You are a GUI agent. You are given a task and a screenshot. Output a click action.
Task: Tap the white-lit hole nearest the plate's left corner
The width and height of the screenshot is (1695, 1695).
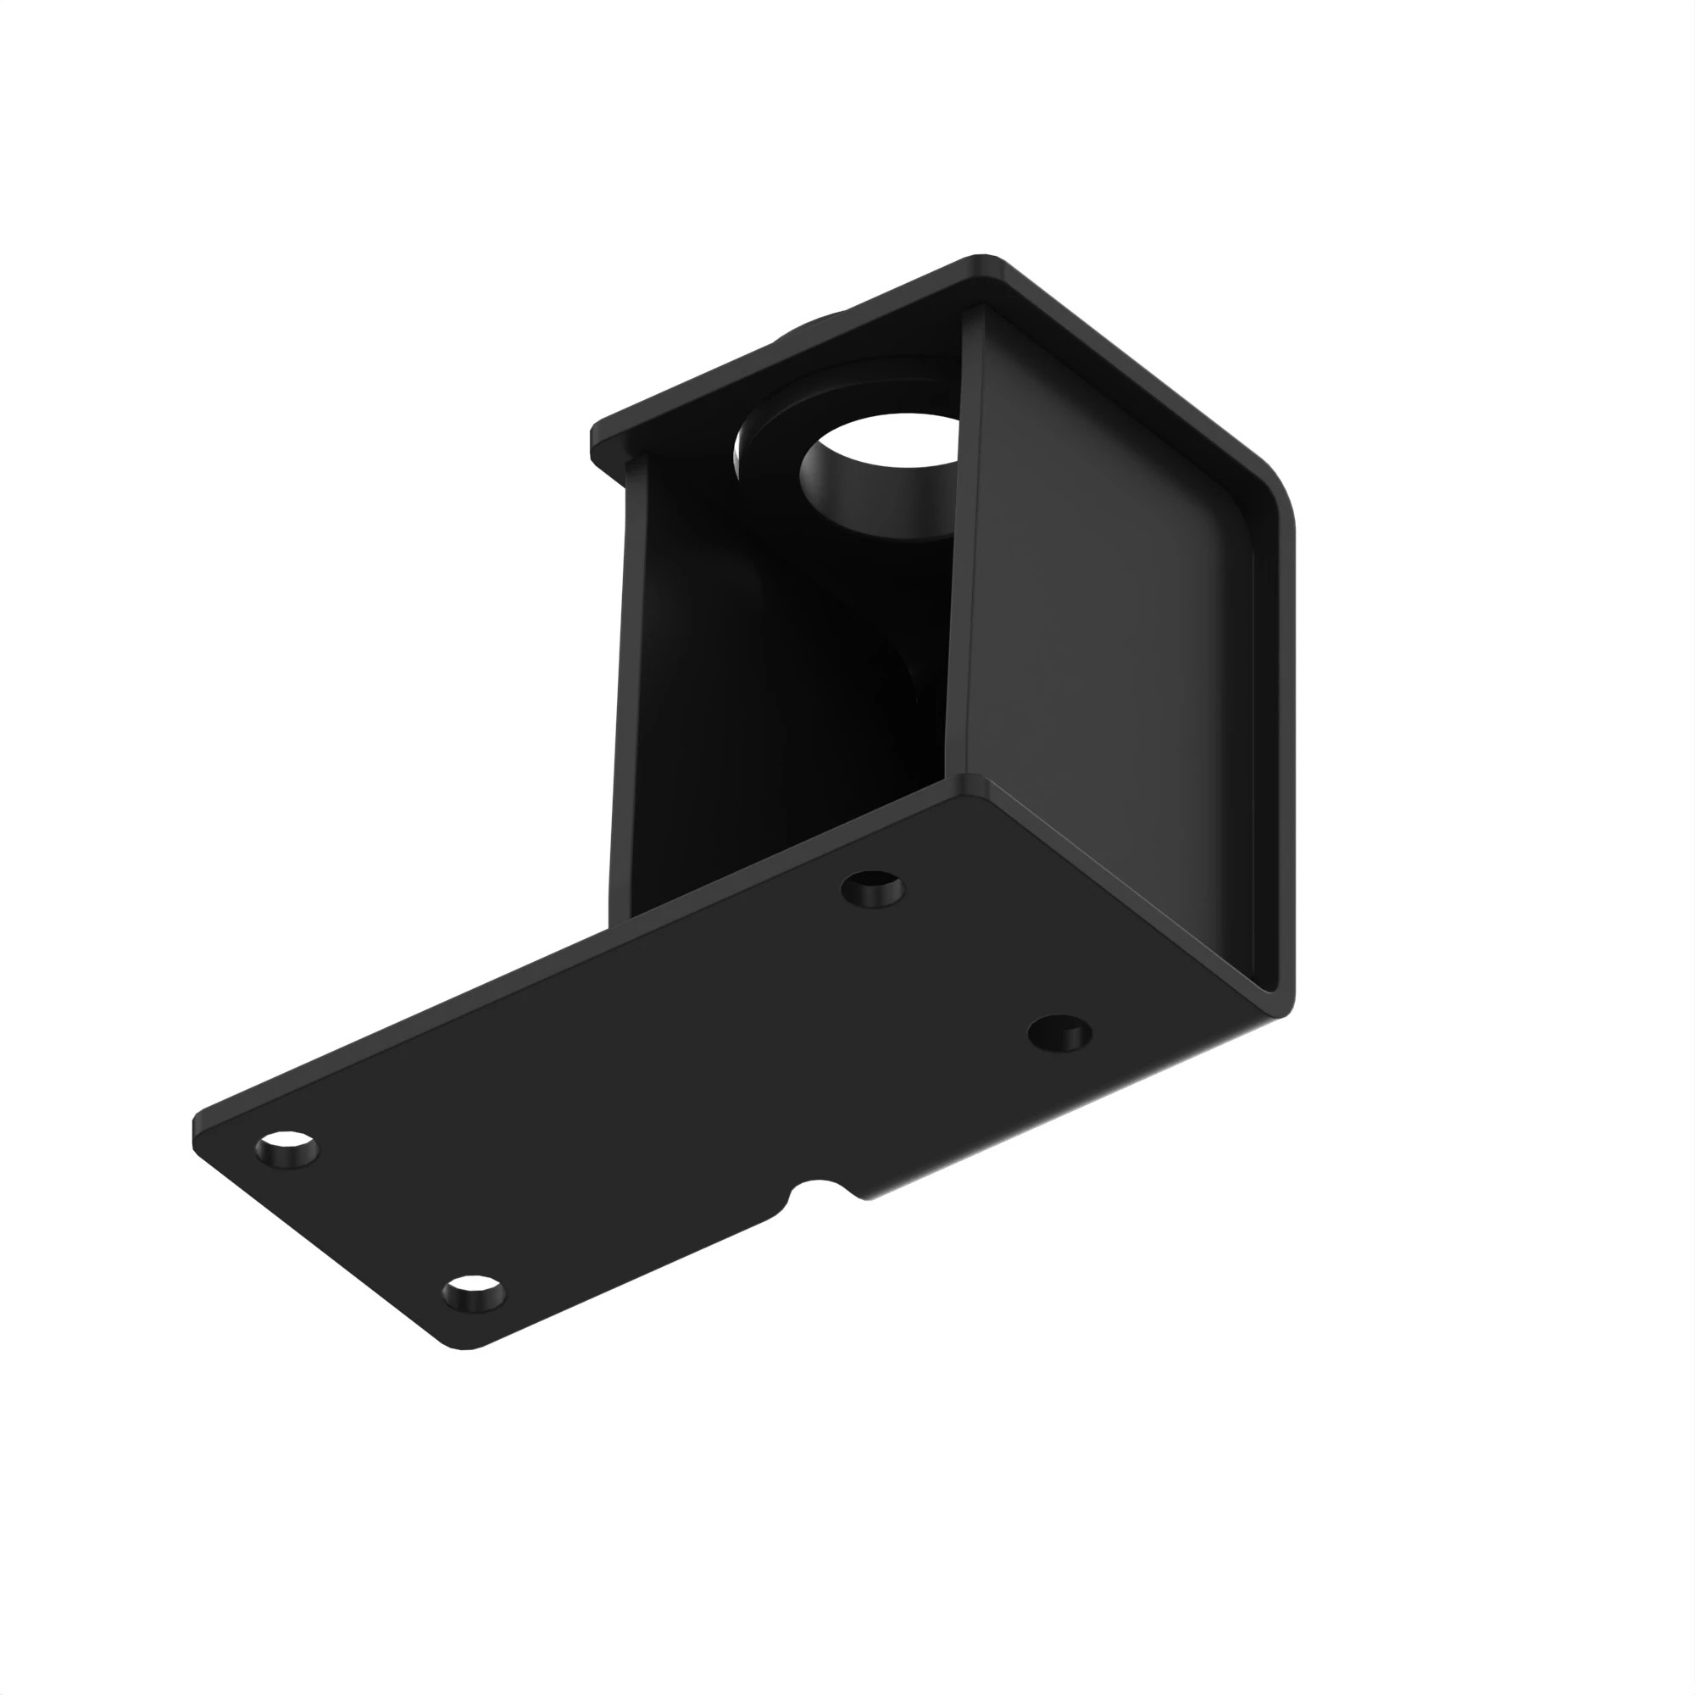pos(287,1148)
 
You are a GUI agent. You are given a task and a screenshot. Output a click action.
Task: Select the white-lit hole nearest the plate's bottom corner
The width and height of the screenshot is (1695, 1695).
pos(474,1293)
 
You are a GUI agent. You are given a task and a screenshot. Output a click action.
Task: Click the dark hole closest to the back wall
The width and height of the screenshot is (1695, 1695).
pos(872,889)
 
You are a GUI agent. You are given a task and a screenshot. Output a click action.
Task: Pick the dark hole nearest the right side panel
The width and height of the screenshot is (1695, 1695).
pos(1060,1032)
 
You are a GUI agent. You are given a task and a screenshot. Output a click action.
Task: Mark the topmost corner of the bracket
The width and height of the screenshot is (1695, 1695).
pos(982,258)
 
